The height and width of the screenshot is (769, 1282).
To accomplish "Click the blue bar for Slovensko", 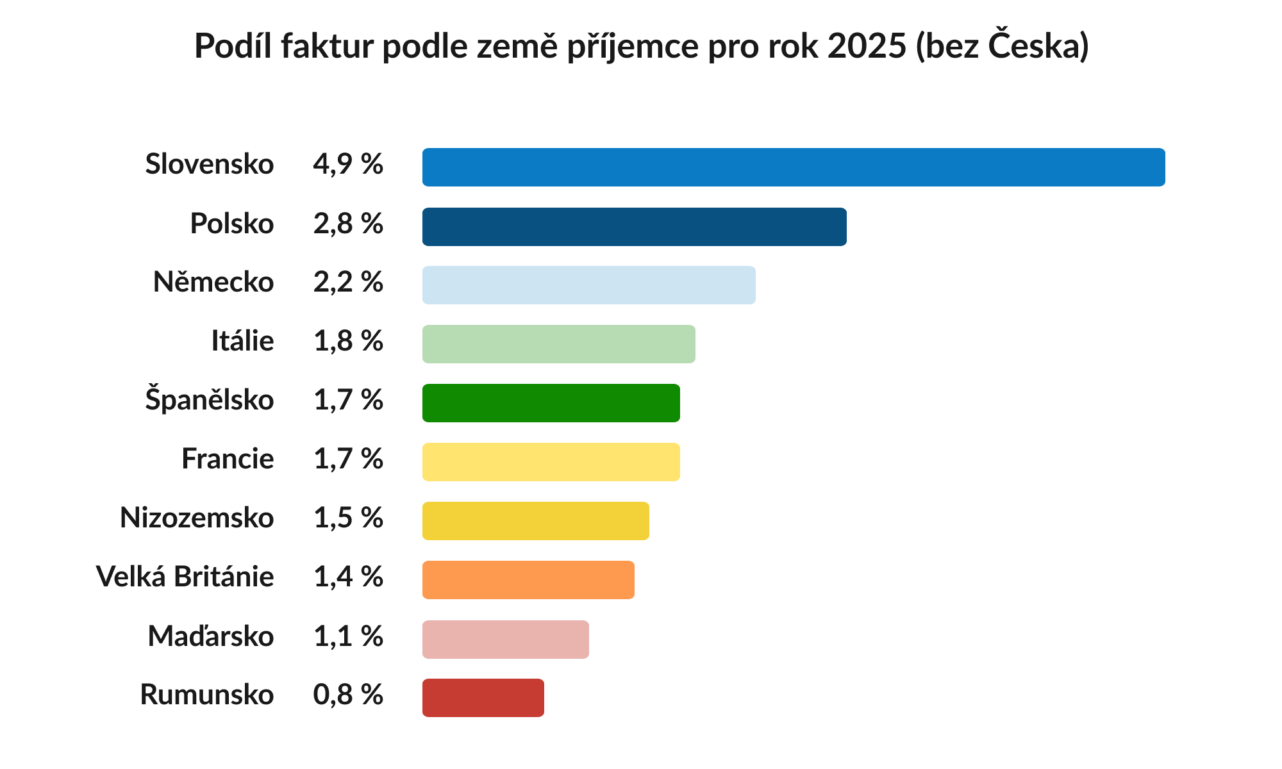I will click(x=794, y=167).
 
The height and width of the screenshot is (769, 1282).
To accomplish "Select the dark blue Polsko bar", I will click(x=635, y=227).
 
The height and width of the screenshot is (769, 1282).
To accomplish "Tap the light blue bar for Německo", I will click(x=588, y=285).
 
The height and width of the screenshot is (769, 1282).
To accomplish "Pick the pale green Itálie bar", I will click(x=558, y=344).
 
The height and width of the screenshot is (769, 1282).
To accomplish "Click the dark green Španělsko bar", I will click(x=551, y=403).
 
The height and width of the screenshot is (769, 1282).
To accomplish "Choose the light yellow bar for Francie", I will click(x=551, y=462).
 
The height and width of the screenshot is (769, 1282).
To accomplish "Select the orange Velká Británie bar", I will click(x=528, y=580).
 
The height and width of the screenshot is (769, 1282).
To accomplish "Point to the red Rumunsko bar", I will click(x=483, y=698).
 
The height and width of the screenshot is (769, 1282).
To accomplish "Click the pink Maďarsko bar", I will click(x=505, y=639).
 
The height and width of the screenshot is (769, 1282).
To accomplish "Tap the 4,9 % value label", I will click(x=348, y=165).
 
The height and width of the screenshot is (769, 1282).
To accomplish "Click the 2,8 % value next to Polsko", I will click(x=348, y=224).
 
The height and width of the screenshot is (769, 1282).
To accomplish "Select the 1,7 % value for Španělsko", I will click(x=348, y=401).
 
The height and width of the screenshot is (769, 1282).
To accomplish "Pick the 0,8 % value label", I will click(x=348, y=695).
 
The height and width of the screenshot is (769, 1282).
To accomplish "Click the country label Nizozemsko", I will click(x=197, y=518).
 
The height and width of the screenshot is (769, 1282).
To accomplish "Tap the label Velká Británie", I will click(x=185, y=577).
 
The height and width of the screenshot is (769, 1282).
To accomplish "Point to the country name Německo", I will click(x=213, y=282).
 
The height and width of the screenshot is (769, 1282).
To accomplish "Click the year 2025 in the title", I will click(x=867, y=46).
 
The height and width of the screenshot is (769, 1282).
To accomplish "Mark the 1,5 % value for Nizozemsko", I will click(x=348, y=518).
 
